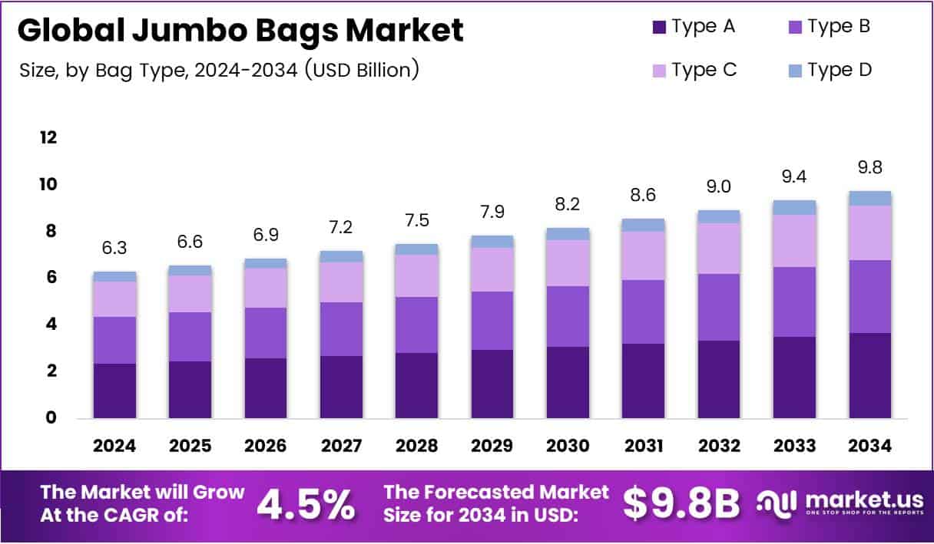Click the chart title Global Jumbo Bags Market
(240, 31)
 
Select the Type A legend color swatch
(658, 28)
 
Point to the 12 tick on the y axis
(48, 138)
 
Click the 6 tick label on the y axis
(50, 278)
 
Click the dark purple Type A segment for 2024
(114, 391)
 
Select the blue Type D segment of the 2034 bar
(869, 198)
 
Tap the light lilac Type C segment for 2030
(568, 262)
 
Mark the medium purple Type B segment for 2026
(266, 332)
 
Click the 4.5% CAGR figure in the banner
(306, 505)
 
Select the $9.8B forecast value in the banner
(681, 505)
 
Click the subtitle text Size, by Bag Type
(219, 70)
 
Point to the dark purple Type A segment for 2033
(794, 377)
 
